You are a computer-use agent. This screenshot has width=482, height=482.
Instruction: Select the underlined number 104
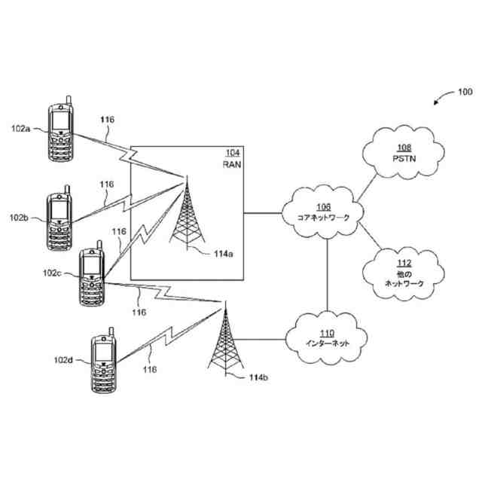233,153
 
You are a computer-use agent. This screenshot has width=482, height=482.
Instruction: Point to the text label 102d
64,361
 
